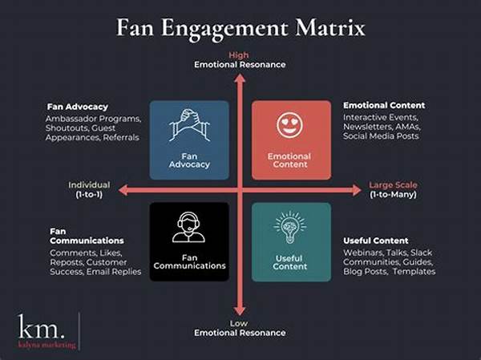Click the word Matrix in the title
point(330,27)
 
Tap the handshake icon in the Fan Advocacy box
point(189,125)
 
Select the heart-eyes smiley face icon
point(289,125)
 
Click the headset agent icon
point(188,227)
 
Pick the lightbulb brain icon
point(289,227)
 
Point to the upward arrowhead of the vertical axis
point(240,79)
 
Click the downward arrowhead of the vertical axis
point(240,311)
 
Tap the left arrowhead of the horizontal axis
point(123,190)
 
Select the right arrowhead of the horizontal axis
point(357,190)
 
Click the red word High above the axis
point(239,55)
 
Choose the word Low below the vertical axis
point(239,323)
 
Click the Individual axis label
point(89,184)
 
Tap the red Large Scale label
point(393,184)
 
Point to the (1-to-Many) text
point(393,194)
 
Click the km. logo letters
point(42,326)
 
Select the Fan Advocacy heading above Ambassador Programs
point(78,107)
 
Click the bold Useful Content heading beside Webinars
point(376,241)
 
